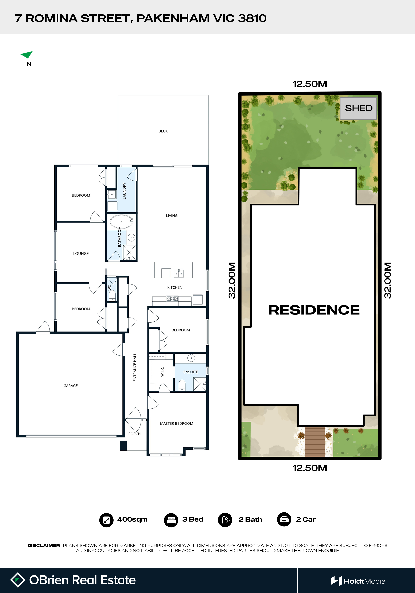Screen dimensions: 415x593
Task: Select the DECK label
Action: [163, 131]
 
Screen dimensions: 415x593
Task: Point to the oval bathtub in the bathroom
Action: [121, 222]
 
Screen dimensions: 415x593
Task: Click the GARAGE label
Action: [71, 386]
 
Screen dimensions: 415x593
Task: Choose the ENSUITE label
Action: [191, 372]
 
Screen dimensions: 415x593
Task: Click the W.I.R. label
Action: [162, 372]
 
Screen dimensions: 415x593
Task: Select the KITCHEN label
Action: [175, 287]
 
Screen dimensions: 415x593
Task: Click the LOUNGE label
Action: [81, 254]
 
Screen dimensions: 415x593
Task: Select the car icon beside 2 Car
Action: [284, 519]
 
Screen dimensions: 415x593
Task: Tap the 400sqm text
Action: [133, 519]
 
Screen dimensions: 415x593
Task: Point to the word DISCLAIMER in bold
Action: [44, 545]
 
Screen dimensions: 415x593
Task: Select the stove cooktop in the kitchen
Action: [172, 299]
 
